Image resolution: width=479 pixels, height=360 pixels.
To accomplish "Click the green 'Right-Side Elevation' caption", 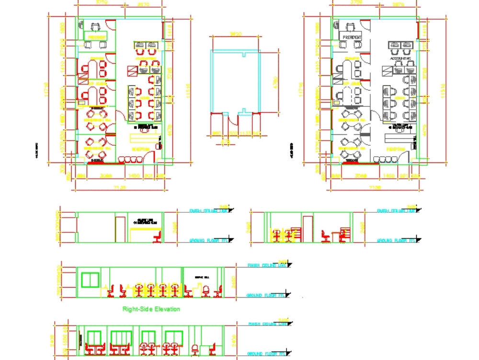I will (151, 309).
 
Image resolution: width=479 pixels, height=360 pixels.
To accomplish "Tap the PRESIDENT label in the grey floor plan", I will (352, 37).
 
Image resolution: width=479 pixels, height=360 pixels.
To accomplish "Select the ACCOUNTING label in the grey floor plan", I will (401, 58).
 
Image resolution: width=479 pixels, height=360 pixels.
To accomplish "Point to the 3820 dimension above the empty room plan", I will (235, 35).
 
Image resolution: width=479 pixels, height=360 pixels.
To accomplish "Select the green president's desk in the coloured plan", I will (96, 36).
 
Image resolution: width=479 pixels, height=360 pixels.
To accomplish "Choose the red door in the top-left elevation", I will (121, 229).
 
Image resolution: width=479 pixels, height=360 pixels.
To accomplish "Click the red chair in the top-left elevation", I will (157, 237).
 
